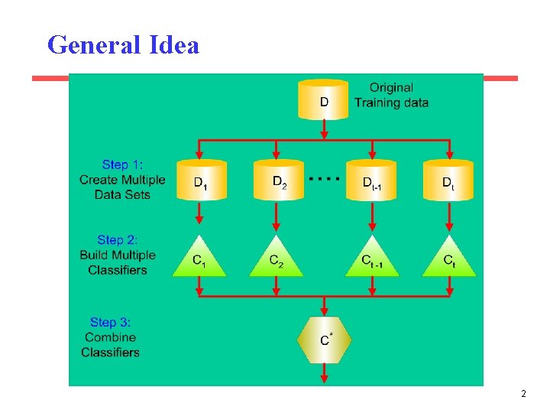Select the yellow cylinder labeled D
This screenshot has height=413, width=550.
[x=324, y=99]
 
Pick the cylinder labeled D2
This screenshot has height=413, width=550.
[x=277, y=180]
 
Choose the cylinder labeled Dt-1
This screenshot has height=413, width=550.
[x=371, y=180]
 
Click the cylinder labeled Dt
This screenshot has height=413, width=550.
[x=448, y=180]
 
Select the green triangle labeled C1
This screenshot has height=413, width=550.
[x=199, y=259]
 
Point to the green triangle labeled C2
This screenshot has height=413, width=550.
[x=276, y=259]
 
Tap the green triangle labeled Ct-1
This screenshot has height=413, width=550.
[x=371, y=259]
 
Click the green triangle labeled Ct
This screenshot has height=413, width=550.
[x=449, y=259]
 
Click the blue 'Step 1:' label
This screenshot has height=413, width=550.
[x=122, y=164]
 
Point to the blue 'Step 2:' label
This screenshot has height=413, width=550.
[x=118, y=240]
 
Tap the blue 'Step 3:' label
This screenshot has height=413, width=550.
[x=111, y=323]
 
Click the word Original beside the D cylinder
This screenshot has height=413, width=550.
[x=391, y=88]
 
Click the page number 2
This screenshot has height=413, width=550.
[x=523, y=395]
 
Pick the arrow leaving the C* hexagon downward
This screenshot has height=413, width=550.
[x=325, y=372]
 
